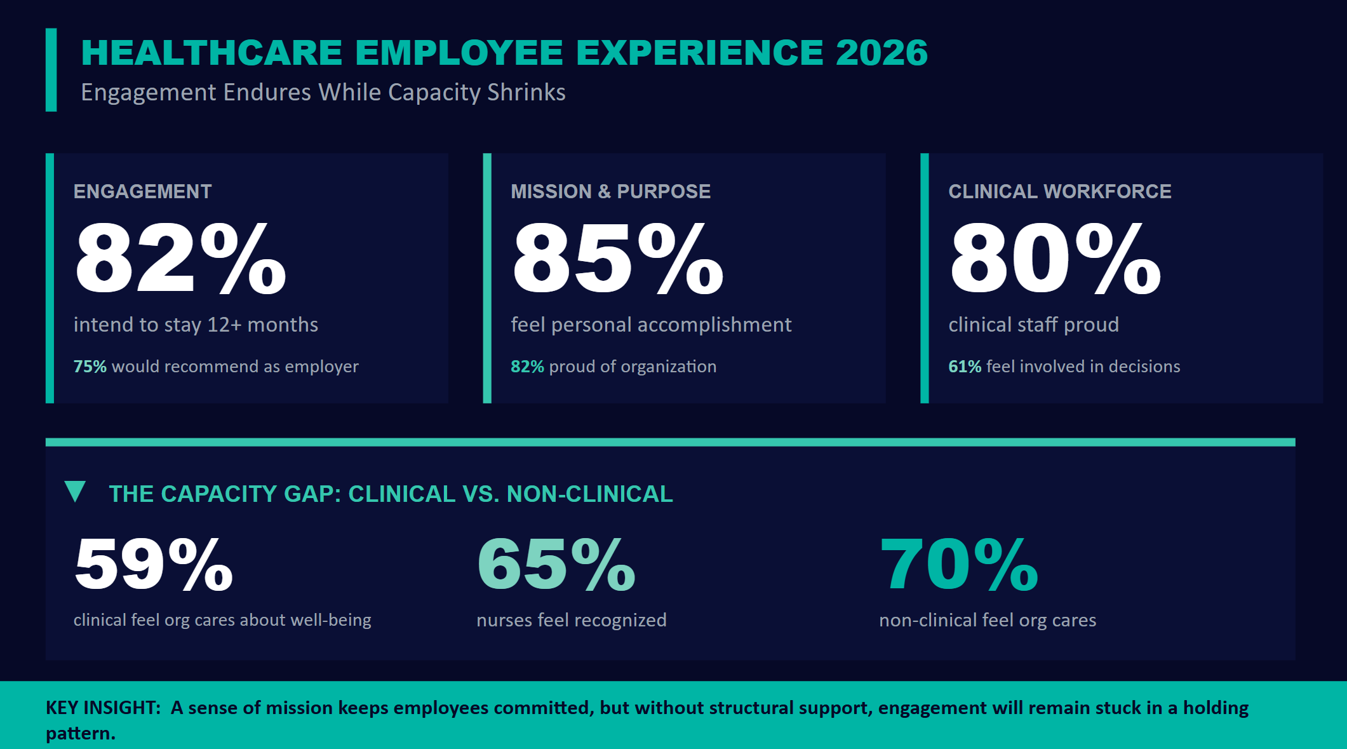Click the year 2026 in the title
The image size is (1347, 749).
coord(881,53)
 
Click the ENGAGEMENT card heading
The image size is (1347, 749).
coord(142,191)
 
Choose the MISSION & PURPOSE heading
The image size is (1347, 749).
coord(610,191)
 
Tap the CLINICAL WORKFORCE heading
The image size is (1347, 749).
coord(1059,191)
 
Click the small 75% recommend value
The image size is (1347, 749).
coord(90,367)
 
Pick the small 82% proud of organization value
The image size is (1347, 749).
coord(527,367)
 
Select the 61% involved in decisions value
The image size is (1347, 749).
coord(964,367)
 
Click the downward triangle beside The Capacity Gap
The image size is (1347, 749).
coord(75,491)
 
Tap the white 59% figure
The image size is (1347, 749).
coord(154,564)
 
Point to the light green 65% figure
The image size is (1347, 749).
coord(556,564)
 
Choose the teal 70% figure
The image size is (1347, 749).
coord(958,564)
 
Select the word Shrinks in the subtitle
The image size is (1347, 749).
coord(526,93)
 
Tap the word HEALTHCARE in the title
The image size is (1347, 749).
coord(211,53)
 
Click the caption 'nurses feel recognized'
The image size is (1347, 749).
coord(571,620)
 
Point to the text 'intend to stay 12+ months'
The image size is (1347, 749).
coord(196,325)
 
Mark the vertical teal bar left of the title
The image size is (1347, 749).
coord(51,70)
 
